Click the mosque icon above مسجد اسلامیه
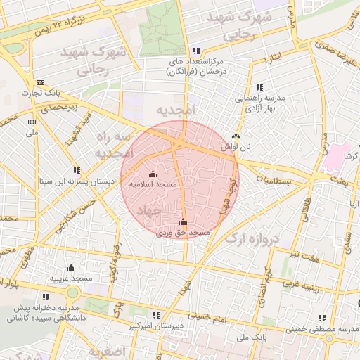pyautogui.click(x=153, y=174)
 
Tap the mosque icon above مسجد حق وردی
pyautogui.click(x=184, y=222)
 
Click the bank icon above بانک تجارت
pyautogui.click(x=39, y=83)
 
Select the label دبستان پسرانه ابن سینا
pyautogui.click(x=77, y=181)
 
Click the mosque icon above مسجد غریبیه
pyautogui.click(x=71, y=268)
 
